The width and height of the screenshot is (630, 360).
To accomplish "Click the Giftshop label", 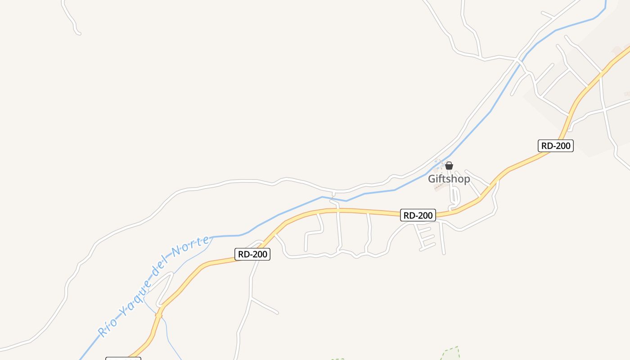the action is [449, 179].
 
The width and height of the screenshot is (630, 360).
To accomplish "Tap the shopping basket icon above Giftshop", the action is [449, 166].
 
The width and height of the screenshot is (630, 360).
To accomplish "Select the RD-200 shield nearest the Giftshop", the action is [418, 216].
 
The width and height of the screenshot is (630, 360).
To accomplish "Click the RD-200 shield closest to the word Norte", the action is [252, 254].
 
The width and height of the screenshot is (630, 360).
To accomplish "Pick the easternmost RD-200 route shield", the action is [556, 146].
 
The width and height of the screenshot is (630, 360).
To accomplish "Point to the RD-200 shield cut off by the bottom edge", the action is [123, 359].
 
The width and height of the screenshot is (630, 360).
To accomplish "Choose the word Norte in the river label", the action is [191, 247].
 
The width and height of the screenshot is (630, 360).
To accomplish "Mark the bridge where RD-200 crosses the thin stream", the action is [158, 315].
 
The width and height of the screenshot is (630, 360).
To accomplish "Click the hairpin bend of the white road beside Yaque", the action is [171, 274].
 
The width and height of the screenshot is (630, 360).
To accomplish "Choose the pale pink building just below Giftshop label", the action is [439, 187].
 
